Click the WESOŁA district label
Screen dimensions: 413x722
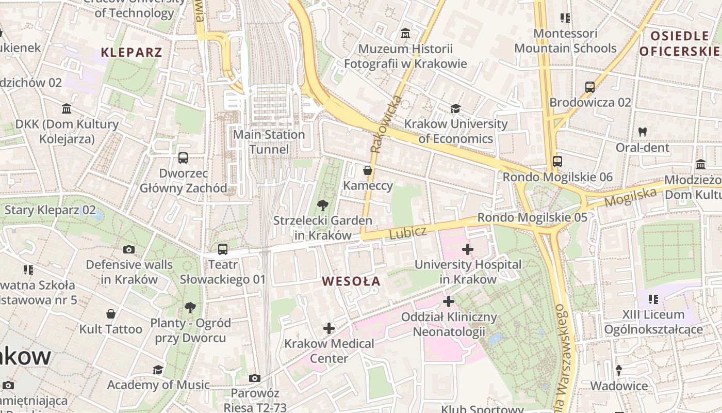pyautogui.click(x=351, y=281)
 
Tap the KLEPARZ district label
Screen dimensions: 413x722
pyautogui.click(x=132, y=52)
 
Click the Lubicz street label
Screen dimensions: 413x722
pyautogui.click(x=408, y=233)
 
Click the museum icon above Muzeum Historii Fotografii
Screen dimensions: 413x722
pyautogui.click(x=405, y=34)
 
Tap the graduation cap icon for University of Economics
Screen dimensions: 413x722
pyautogui.click(x=455, y=108)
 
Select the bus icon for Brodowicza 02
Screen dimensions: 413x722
pyautogui.click(x=590, y=87)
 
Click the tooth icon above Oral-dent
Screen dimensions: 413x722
pyautogui.click(x=642, y=132)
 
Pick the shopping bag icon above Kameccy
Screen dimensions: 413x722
pyautogui.click(x=368, y=170)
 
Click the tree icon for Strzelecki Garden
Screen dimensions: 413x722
pyautogui.click(x=323, y=205)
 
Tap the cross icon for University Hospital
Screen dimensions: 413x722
pyautogui.click(x=468, y=250)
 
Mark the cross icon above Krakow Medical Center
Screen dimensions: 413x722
pyautogui.click(x=329, y=328)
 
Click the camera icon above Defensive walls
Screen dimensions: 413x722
pyautogui.click(x=129, y=250)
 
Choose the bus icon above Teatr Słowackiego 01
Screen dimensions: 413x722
pyautogui.click(x=223, y=250)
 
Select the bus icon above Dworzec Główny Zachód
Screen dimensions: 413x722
pyautogui.click(x=183, y=158)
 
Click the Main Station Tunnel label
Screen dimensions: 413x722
pyautogui.click(x=269, y=142)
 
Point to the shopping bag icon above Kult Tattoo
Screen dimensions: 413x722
pyautogui.click(x=111, y=314)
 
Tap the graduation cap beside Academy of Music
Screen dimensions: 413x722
pyautogui.click(x=158, y=370)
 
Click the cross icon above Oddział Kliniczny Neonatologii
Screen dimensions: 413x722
pyautogui.click(x=449, y=301)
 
